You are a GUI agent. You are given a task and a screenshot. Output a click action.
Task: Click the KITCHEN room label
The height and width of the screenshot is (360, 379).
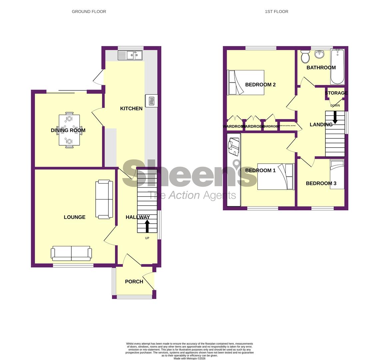131,108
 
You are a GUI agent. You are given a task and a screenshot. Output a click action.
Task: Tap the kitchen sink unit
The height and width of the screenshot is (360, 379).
130,55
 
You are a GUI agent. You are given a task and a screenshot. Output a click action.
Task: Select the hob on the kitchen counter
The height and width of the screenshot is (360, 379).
151,101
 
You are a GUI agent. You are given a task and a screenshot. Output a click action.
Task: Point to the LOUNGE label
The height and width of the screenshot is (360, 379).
74,217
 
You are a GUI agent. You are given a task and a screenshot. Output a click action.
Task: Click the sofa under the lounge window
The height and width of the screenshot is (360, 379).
71,253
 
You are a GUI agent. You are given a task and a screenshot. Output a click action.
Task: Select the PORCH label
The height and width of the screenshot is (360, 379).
134,282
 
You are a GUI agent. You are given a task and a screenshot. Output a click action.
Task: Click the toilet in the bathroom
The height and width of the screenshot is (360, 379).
305,57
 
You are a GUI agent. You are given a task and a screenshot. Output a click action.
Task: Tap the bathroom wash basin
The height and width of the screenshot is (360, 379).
319,54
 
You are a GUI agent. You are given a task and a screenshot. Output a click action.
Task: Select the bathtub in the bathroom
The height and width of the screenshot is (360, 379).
337,67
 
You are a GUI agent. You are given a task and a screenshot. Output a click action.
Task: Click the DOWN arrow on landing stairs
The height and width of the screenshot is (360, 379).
335,117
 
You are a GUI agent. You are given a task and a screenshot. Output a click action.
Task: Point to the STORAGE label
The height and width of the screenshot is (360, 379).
336,93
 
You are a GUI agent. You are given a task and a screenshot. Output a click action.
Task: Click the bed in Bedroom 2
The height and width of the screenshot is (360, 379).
246,82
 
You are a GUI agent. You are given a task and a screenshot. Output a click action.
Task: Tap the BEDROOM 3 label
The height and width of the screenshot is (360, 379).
321,183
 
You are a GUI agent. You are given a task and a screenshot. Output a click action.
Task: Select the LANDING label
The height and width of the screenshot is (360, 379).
321,125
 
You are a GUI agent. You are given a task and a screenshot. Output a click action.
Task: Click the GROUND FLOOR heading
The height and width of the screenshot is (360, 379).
89,12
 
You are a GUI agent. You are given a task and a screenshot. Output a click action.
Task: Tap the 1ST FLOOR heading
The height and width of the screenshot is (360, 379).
276,12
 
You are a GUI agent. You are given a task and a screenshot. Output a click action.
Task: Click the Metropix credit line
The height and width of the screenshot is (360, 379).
189,359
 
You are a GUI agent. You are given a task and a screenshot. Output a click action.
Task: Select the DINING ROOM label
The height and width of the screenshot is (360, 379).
68,130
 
